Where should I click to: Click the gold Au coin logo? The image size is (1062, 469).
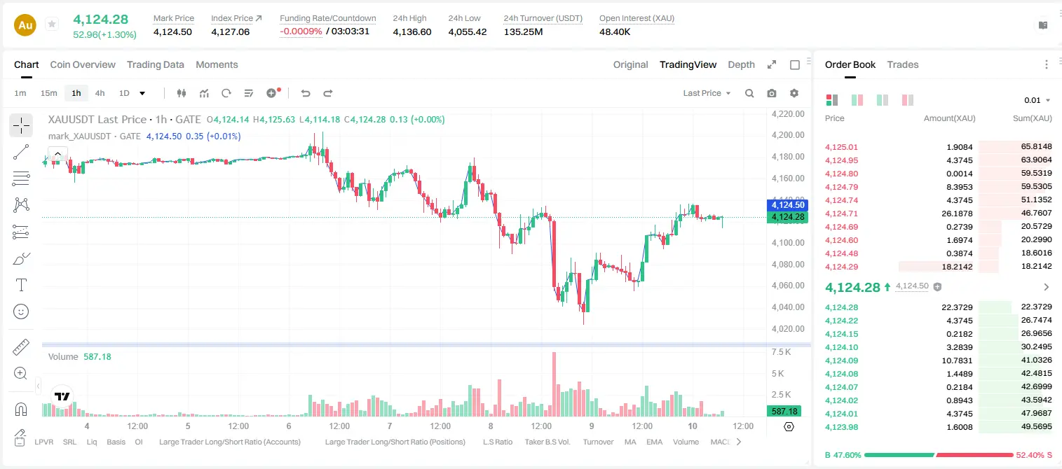tap(25, 25)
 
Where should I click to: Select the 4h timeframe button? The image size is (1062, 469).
tap(100, 93)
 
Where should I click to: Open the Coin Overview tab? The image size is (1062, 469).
tap(83, 64)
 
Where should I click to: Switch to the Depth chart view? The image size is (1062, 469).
tap(741, 64)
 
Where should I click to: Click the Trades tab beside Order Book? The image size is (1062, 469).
tap(903, 64)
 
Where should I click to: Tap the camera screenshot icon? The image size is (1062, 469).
tap(772, 93)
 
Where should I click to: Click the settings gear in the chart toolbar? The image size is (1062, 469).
tap(794, 93)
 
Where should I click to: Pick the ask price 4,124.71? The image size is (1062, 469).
tap(842, 213)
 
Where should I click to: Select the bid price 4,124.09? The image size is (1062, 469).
tap(842, 360)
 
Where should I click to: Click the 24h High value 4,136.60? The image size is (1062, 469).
tap(412, 31)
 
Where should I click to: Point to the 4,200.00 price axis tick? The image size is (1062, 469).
tap(788, 135)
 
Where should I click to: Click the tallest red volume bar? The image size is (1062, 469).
tap(554, 384)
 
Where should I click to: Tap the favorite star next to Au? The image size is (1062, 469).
tap(52, 24)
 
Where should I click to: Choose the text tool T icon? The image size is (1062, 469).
tap(21, 286)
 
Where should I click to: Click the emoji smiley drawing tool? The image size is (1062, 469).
tap(21, 311)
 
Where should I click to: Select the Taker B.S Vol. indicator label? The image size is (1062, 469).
tap(547, 442)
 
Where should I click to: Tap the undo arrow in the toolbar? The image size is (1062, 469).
tap(306, 93)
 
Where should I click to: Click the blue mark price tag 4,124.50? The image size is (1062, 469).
tap(787, 205)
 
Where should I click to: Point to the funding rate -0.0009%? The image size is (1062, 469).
tap(301, 31)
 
